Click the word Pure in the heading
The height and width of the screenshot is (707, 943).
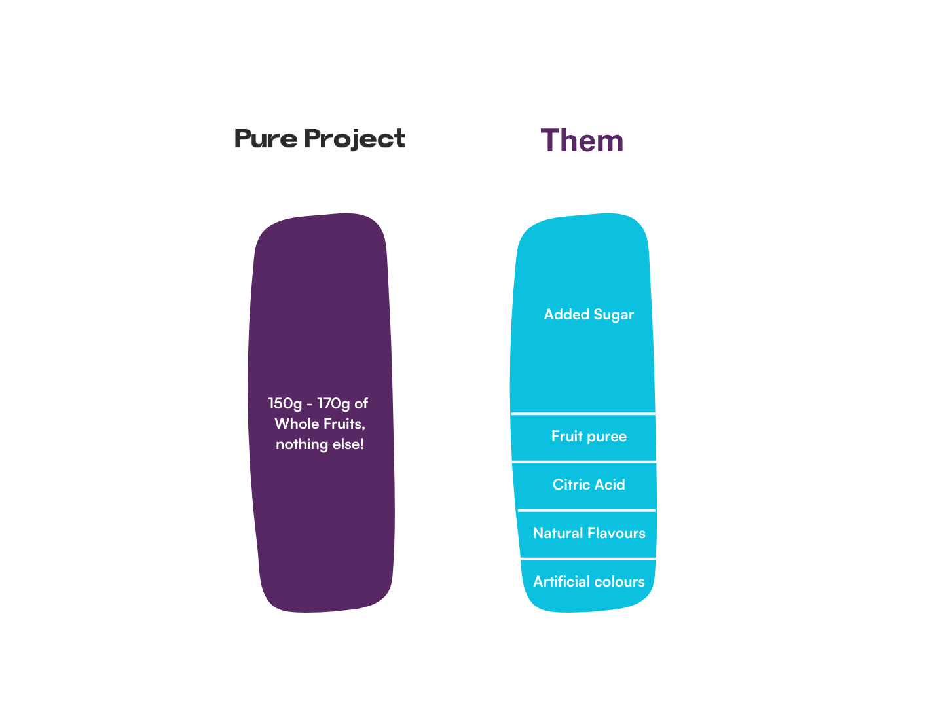(265, 139)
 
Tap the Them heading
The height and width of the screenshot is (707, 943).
(582, 141)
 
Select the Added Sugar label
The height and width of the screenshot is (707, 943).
(589, 315)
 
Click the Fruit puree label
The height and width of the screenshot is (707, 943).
(589, 437)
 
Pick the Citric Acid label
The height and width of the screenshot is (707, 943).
(589, 485)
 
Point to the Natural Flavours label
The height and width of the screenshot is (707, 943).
(589, 534)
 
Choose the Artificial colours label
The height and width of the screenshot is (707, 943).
(589, 582)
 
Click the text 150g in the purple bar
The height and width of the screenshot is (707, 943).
(285, 404)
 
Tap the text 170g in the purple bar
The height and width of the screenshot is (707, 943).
(333, 404)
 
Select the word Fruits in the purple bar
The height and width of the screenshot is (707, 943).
(343, 424)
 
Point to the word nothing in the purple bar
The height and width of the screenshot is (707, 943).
(302, 444)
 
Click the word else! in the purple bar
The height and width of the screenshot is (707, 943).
(348, 444)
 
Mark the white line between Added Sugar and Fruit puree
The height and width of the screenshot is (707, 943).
(584, 414)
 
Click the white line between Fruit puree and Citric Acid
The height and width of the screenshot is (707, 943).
(584, 462)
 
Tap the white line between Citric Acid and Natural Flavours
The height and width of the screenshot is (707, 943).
(587, 510)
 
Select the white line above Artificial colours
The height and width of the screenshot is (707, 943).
(589, 558)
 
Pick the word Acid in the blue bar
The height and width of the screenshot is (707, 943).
(610, 485)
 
